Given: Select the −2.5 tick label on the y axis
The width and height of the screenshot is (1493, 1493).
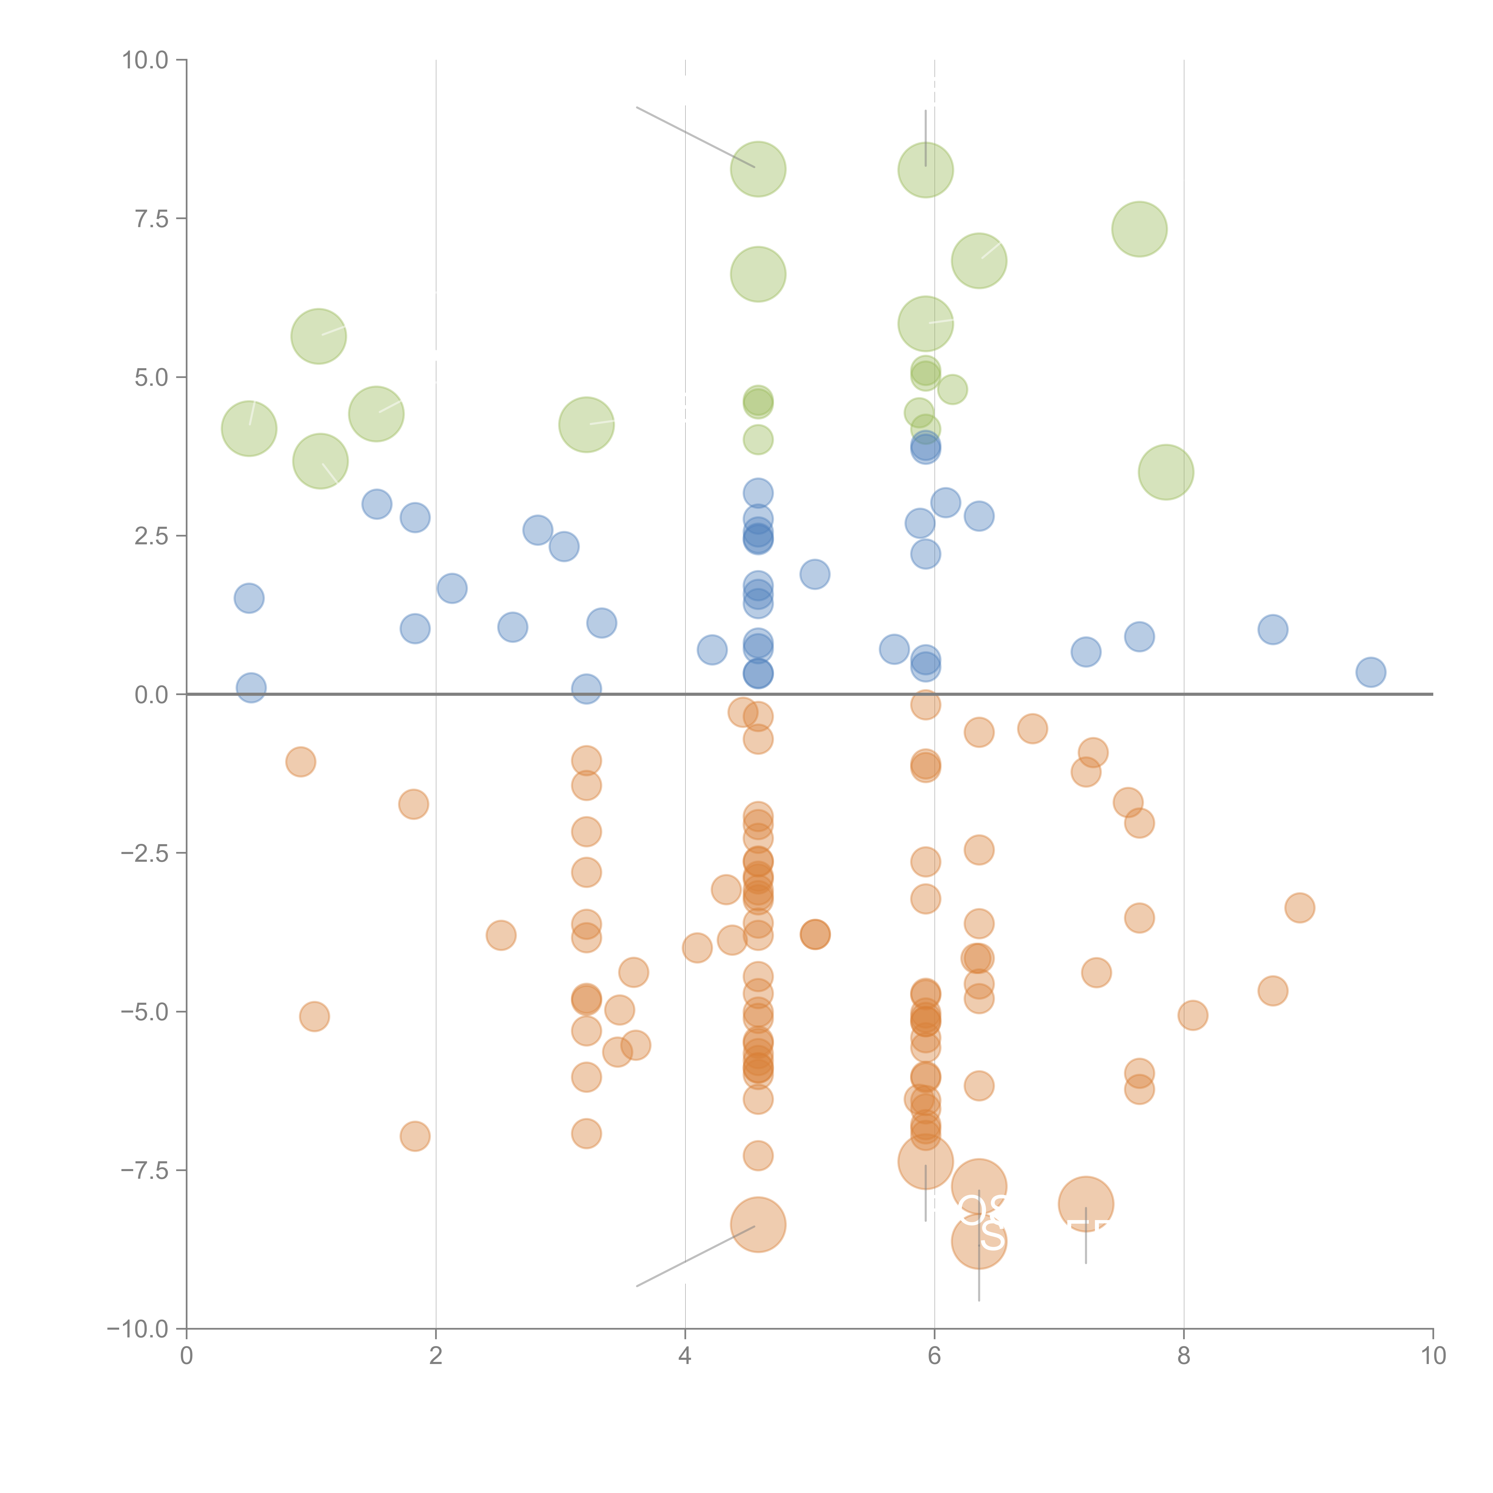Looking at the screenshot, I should click(x=145, y=853).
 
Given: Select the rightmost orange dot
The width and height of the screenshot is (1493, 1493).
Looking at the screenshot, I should click(x=1300, y=908).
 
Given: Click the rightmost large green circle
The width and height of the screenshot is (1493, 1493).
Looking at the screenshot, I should click(x=1166, y=472).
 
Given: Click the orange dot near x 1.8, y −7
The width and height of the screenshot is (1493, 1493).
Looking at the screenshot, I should click(x=415, y=1136).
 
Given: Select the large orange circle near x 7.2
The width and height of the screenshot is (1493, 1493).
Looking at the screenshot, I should click(x=1086, y=1204).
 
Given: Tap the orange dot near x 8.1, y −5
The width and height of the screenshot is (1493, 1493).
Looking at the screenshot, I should click(x=1192, y=1016).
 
